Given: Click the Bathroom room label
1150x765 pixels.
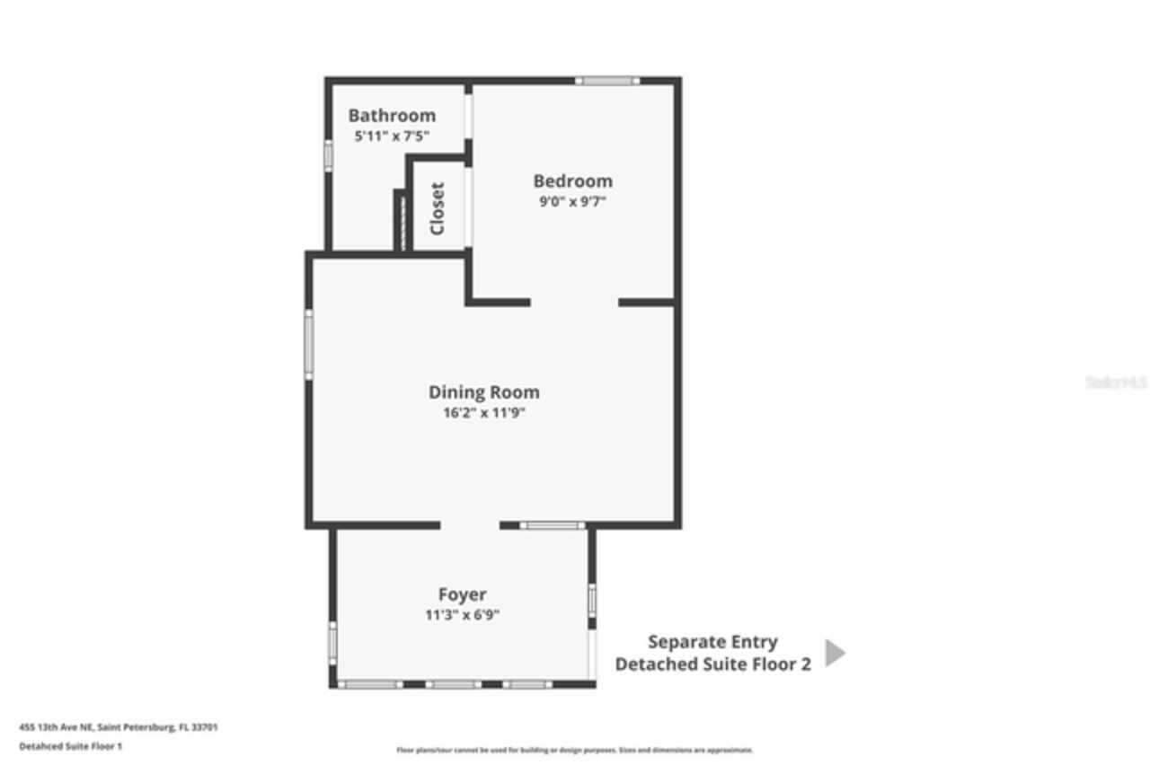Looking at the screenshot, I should click(x=392, y=116).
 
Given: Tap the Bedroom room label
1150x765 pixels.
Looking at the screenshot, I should click(x=572, y=180).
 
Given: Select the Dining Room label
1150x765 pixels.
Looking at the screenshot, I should click(x=483, y=392).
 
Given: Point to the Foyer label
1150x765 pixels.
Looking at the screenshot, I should click(x=463, y=594).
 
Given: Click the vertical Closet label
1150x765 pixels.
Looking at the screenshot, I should click(x=438, y=208).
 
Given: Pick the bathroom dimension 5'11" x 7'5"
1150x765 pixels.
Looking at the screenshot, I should click(x=392, y=136).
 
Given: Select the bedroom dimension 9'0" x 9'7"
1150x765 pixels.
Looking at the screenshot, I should click(x=572, y=202).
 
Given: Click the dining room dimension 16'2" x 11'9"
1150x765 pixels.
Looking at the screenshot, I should click(x=483, y=414).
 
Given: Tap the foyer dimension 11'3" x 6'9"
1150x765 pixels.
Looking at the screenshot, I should click(x=463, y=616).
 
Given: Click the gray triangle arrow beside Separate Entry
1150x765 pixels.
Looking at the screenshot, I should click(x=835, y=653).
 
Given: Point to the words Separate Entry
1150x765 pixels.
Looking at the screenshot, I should click(x=712, y=642).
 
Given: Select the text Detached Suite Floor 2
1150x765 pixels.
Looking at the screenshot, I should click(x=712, y=664).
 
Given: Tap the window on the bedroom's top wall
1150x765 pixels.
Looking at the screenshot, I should click(x=607, y=81).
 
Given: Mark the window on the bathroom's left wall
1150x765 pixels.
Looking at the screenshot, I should click(x=329, y=154).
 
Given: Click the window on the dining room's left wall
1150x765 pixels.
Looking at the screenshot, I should click(x=308, y=344).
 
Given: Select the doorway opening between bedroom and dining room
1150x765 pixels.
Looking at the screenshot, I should click(x=574, y=303).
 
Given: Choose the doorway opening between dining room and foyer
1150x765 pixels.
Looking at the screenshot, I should click(x=470, y=525).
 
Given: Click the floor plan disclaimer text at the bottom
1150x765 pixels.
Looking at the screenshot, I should click(x=575, y=750).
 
